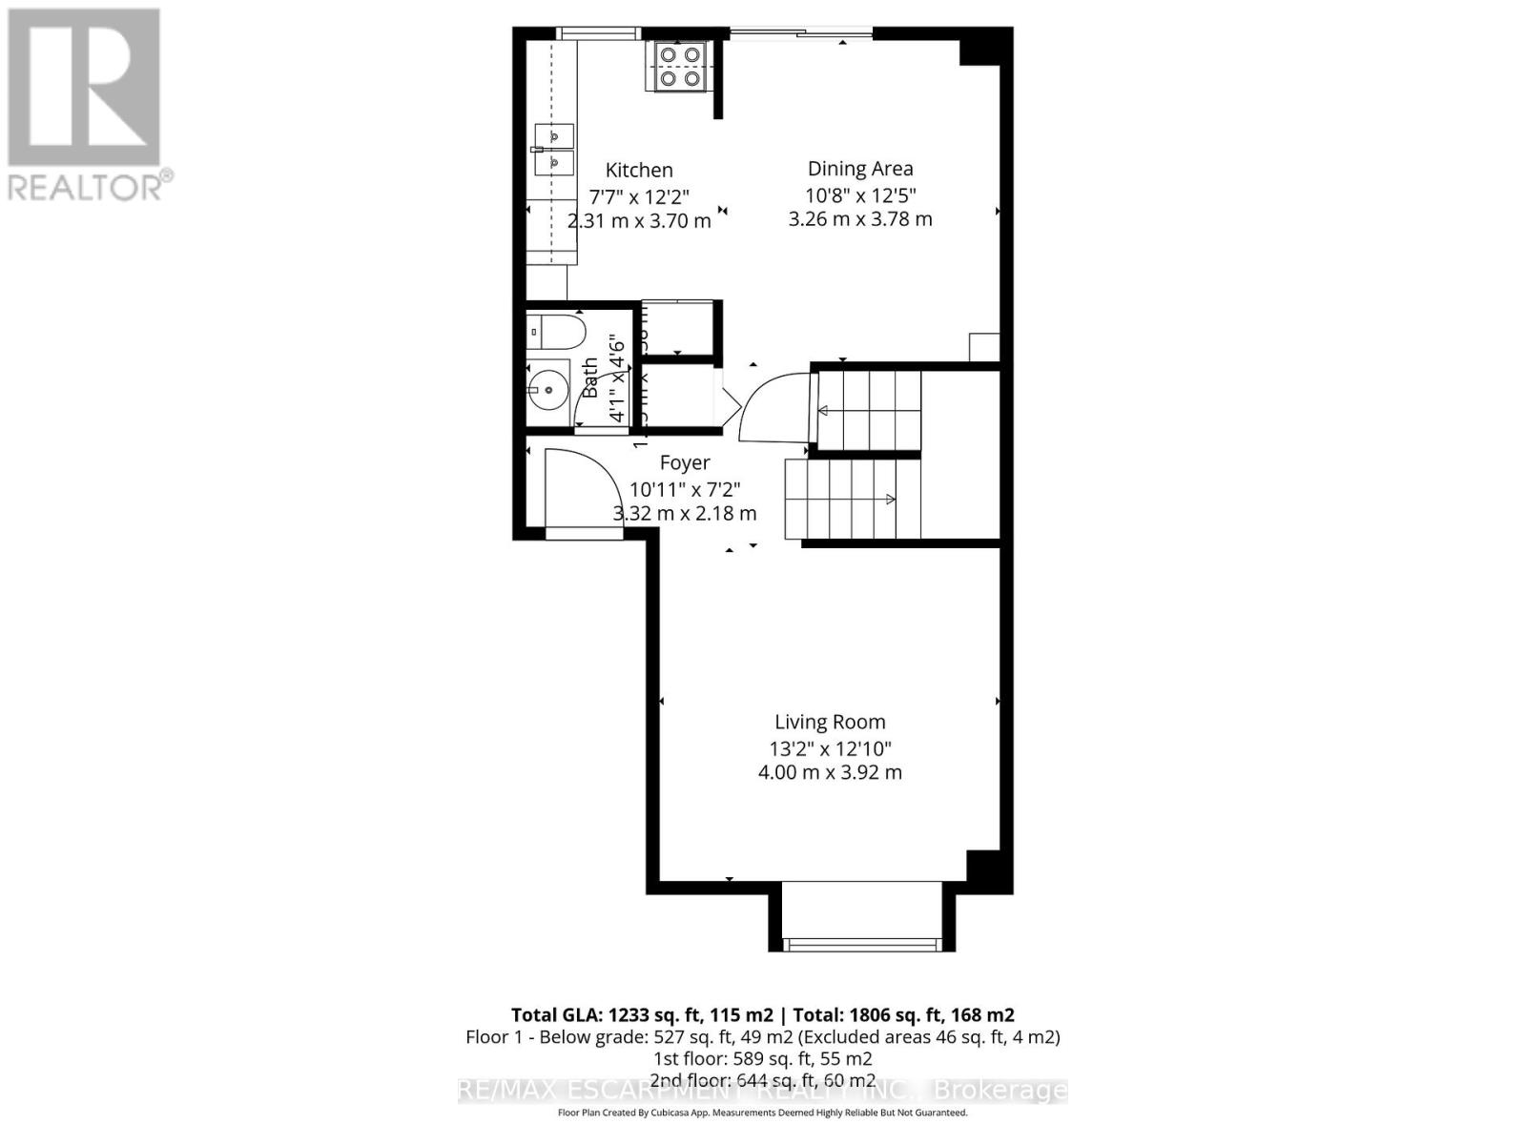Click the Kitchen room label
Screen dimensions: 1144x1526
[x=639, y=170]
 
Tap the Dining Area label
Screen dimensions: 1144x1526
[x=860, y=169]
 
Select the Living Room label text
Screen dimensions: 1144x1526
[x=830, y=723]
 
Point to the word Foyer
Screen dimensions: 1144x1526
[x=685, y=462]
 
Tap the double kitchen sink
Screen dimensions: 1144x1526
[x=554, y=151]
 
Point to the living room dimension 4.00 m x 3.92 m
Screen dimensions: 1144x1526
[x=830, y=772]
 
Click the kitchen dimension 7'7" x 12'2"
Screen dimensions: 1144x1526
[x=639, y=196]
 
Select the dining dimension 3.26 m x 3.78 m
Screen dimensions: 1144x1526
[x=860, y=219]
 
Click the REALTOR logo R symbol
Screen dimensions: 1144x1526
[x=84, y=88]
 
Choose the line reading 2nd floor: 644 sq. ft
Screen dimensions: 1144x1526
[x=763, y=1080]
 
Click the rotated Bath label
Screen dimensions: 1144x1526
[x=590, y=378]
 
